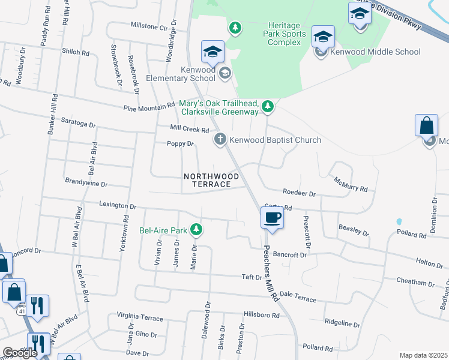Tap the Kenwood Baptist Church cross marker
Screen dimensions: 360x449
[x=220, y=140]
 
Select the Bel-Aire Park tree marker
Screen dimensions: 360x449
[x=196, y=229]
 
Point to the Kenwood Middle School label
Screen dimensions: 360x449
[x=375, y=52]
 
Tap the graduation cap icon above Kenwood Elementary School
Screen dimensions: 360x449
[x=213, y=53]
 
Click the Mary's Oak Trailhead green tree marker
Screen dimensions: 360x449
[x=268, y=107]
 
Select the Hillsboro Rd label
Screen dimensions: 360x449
[x=262, y=315]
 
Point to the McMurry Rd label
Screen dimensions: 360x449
[x=351, y=184]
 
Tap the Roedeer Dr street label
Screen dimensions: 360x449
[x=299, y=193]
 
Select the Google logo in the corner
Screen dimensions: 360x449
[x=19, y=353]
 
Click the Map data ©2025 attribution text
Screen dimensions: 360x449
[x=423, y=355]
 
